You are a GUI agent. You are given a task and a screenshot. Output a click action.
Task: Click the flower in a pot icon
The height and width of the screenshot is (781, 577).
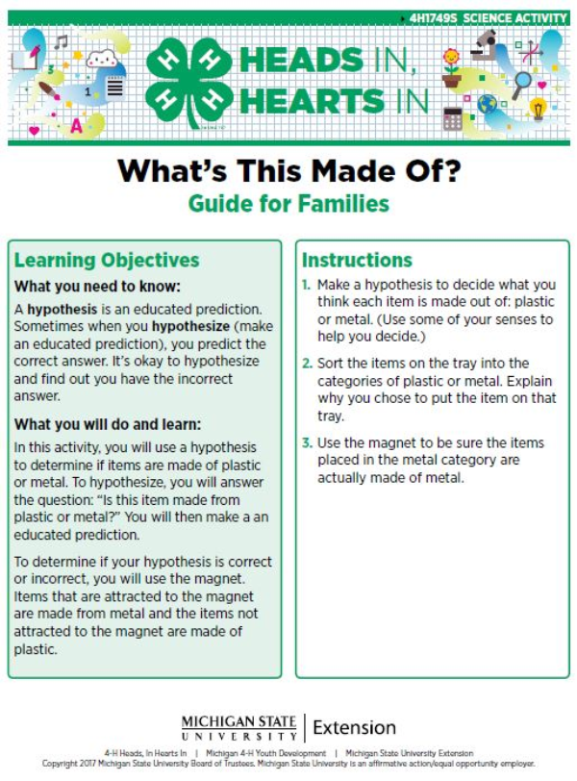450,68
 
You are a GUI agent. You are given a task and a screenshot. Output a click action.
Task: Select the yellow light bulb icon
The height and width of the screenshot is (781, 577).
538,109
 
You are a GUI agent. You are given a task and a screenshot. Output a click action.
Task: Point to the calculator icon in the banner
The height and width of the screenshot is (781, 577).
452,118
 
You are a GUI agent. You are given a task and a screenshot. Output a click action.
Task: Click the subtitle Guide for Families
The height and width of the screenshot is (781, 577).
288,204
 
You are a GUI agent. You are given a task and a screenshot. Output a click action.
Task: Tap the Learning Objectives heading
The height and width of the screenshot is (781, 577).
107,261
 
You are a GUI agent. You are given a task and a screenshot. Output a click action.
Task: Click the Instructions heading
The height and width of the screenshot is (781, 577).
357,260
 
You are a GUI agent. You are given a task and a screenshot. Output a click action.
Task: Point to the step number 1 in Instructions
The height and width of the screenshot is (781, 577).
306,286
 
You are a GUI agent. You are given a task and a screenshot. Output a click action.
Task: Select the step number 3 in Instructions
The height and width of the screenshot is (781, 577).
306,443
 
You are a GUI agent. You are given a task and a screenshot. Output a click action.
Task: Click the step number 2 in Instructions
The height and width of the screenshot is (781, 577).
306,364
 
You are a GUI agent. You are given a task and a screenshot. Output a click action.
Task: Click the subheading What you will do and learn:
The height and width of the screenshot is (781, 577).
109,425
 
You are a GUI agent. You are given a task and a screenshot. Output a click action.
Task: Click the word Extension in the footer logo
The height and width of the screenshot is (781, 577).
354,727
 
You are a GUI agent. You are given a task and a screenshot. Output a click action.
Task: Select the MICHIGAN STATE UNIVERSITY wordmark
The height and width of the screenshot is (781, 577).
238,728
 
